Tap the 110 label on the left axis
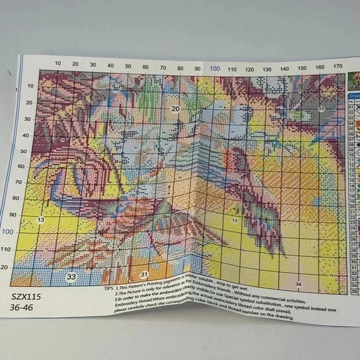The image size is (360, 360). pos(23,249)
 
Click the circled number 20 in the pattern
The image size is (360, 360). pos(176,109)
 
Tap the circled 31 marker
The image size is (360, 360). pos(143,274)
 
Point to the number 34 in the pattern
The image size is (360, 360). pos(299,284)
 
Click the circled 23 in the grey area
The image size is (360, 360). pos(321,109)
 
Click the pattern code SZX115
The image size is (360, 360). pos(25,297)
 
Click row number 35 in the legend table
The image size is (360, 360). pos(354,289)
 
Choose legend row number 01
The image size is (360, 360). pos(351,106)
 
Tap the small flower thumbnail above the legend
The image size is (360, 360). pos(354,79)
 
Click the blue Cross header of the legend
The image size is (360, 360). pos(354,96)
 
